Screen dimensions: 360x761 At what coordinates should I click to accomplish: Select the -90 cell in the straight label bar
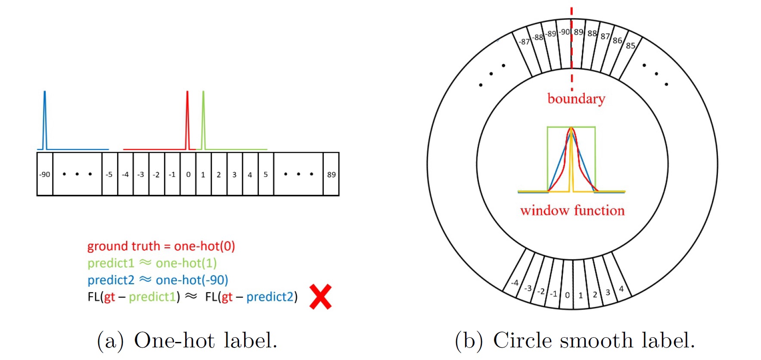[45, 174]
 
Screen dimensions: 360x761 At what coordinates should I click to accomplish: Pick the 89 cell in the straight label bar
[331, 174]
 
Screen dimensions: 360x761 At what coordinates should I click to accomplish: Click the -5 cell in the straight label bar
[109, 174]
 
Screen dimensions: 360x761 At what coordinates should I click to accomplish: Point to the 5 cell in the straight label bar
[266, 174]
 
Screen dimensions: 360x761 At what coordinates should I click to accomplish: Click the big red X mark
[320, 297]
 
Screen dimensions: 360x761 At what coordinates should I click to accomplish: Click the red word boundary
[576, 99]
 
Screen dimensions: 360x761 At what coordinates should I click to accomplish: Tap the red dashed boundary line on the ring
[572, 52]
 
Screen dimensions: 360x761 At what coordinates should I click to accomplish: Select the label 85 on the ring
[631, 46]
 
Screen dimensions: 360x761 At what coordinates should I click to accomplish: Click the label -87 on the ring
[524, 42]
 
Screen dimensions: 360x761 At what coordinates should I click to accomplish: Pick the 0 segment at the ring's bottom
[567, 295]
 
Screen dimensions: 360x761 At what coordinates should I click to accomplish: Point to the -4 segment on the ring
[515, 283]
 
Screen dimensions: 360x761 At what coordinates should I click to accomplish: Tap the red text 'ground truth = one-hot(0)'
[161, 246]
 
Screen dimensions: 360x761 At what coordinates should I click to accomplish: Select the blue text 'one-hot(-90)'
[192, 280]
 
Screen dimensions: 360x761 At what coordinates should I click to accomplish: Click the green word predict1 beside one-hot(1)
[111, 263]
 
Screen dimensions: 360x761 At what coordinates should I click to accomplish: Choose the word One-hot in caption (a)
[174, 341]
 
